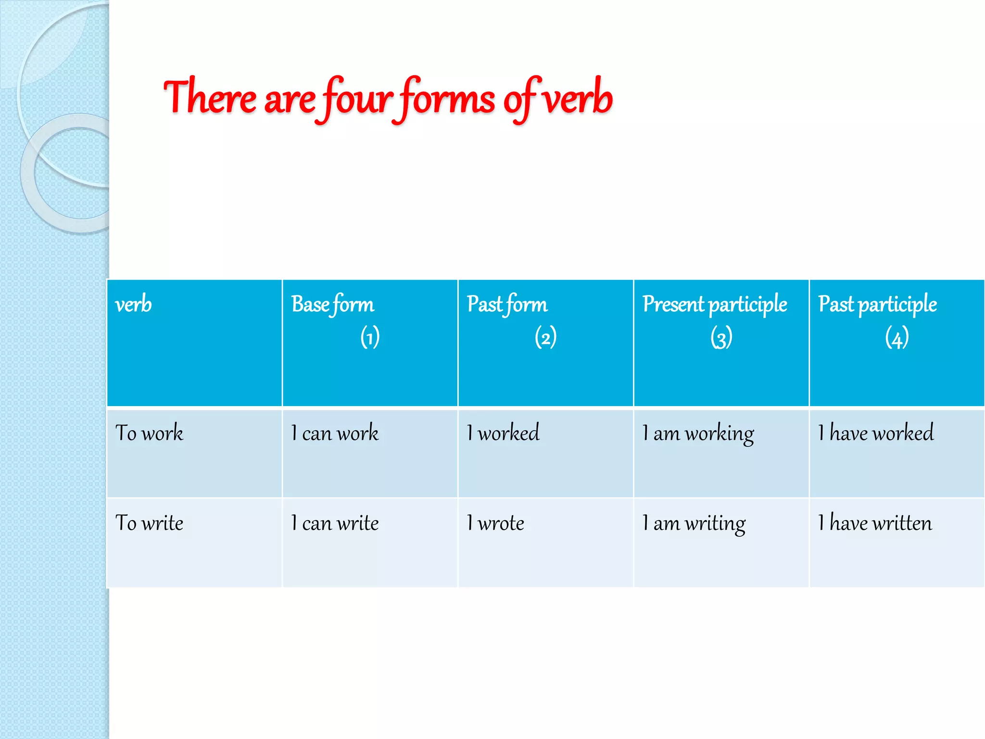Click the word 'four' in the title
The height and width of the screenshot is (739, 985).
357,99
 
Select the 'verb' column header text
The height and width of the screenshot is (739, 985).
134,305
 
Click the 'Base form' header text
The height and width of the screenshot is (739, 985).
332,305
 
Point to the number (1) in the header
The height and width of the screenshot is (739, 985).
370,337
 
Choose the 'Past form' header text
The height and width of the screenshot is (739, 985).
507,305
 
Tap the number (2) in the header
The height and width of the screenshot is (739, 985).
545,337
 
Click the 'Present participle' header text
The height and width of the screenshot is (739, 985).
715,305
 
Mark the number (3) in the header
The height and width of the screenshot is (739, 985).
721,337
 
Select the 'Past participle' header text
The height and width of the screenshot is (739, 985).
877,305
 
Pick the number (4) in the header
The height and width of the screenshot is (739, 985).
897,337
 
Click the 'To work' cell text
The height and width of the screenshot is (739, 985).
150,433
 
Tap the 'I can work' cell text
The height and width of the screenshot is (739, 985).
335,433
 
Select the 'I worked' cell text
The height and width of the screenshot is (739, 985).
503,433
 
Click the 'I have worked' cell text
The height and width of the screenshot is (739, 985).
876,433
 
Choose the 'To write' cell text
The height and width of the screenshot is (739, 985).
150,523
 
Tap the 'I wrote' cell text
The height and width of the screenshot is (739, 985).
495,523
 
